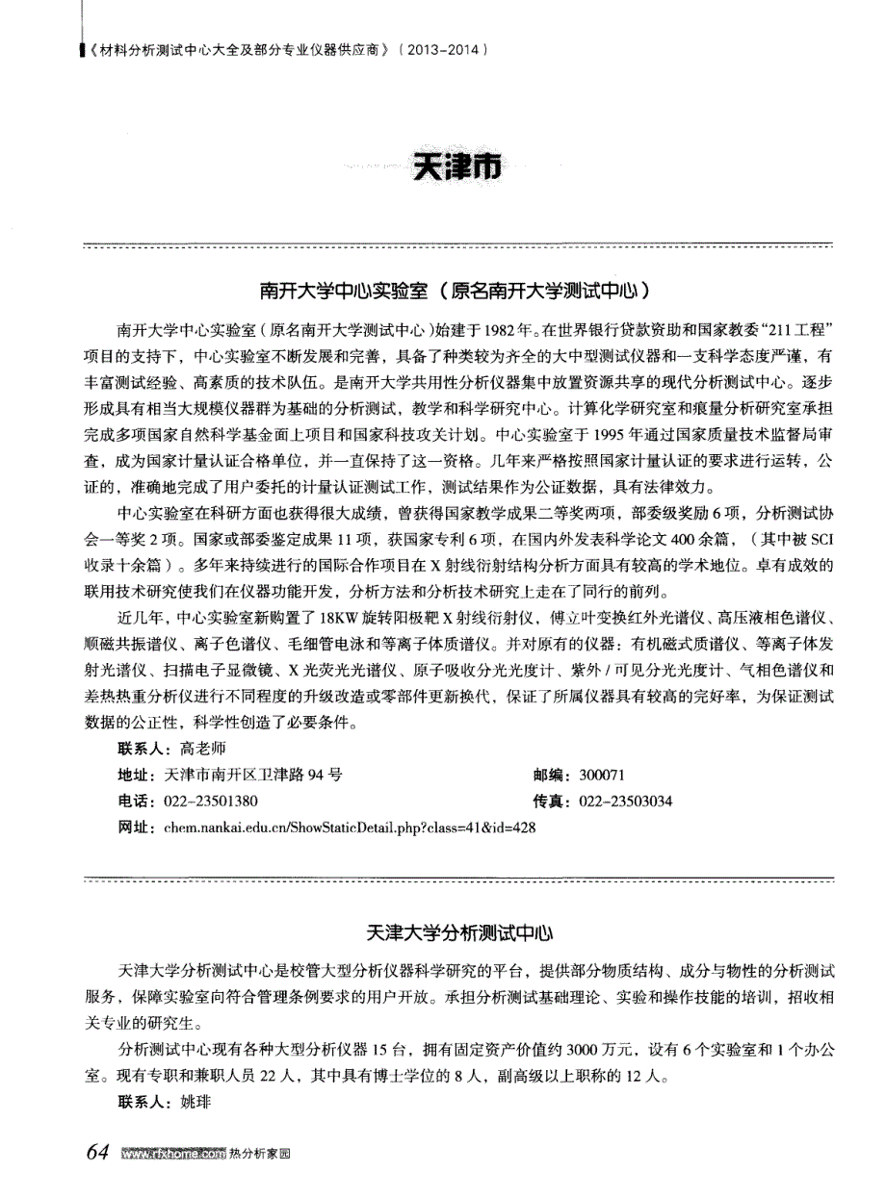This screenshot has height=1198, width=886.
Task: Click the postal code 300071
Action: [603, 774]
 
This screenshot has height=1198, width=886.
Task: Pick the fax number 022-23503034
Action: [626, 801]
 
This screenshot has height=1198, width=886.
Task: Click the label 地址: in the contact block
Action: [134, 774]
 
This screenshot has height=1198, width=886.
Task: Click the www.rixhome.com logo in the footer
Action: [168, 1155]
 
